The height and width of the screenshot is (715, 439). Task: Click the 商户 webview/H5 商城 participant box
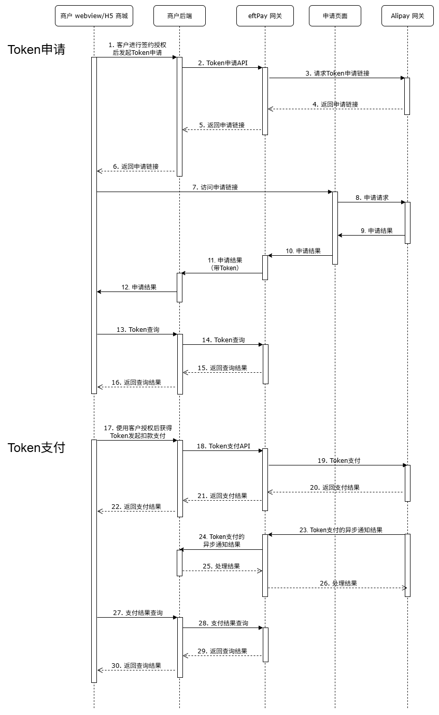pyautogui.click(x=94, y=16)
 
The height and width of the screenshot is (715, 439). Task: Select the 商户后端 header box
pyautogui.click(x=179, y=16)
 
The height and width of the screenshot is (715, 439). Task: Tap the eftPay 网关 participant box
pyautogui.click(x=265, y=16)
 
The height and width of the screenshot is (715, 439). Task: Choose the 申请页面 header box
pyautogui.click(x=335, y=16)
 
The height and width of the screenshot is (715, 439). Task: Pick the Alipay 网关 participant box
pyautogui.click(x=407, y=16)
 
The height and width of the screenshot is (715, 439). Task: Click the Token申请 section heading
pyautogui.click(x=36, y=50)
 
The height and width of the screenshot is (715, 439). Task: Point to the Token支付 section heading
pyautogui.click(x=36, y=448)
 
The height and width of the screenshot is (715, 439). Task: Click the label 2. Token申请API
pyautogui.click(x=223, y=63)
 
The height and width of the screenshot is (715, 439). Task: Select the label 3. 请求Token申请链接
pyautogui.click(x=337, y=74)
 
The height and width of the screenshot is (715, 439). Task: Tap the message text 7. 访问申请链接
pyautogui.click(x=215, y=187)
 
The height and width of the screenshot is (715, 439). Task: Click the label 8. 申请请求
pyautogui.click(x=372, y=198)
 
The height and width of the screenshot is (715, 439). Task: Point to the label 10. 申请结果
pyautogui.click(x=303, y=251)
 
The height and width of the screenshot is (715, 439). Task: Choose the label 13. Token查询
pyautogui.click(x=137, y=330)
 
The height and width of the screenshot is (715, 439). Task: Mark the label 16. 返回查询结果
pyautogui.click(x=136, y=383)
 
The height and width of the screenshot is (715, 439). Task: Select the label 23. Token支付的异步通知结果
pyautogui.click(x=341, y=530)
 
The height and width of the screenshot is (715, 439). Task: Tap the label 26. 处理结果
pyautogui.click(x=338, y=583)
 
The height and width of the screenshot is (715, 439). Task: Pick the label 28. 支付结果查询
pyautogui.click(x=223, y=623)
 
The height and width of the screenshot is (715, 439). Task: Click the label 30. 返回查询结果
pyautogui.click(x=136, y=666)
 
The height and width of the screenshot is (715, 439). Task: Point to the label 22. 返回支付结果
pyautogui.click(x=136, y=507)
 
